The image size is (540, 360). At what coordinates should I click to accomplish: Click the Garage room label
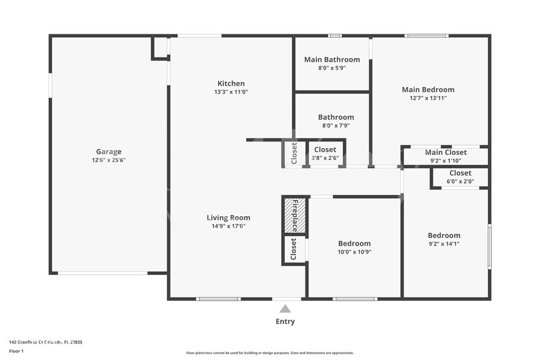(x=108, y=152)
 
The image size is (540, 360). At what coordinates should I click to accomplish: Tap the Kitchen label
(x=231, y=83)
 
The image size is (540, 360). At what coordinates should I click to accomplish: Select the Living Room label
(x=228, y=217)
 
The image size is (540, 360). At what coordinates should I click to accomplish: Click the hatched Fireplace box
(x=294, y=216)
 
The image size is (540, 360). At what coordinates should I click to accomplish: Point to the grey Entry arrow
(x=285, y=309)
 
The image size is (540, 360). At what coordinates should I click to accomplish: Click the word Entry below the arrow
(x=285, y=321)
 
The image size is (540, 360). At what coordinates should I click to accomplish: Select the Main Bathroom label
(x=332, y=59)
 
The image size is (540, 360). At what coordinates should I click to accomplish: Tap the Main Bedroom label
(x=428, y=89)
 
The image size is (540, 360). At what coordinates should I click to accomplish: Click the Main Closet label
(x=446, y=152)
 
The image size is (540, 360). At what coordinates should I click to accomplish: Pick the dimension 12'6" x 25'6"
(x=108, y=160)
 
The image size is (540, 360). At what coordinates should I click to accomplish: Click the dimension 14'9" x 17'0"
(x=228, y=227)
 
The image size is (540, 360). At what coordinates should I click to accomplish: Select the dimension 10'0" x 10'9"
(x=354, y=252)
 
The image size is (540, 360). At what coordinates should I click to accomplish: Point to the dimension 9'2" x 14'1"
(x=444, y=244)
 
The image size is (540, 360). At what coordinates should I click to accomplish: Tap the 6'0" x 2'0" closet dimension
(x=460, y=181)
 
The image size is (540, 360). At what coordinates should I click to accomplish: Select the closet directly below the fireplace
(x=294, y=249)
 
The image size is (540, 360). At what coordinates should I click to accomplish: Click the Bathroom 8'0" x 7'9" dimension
(x=336, y=126)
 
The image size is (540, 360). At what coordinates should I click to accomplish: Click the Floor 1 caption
(x=16, y=351)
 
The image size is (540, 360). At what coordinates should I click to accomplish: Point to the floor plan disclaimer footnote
(x=269, y=353)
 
